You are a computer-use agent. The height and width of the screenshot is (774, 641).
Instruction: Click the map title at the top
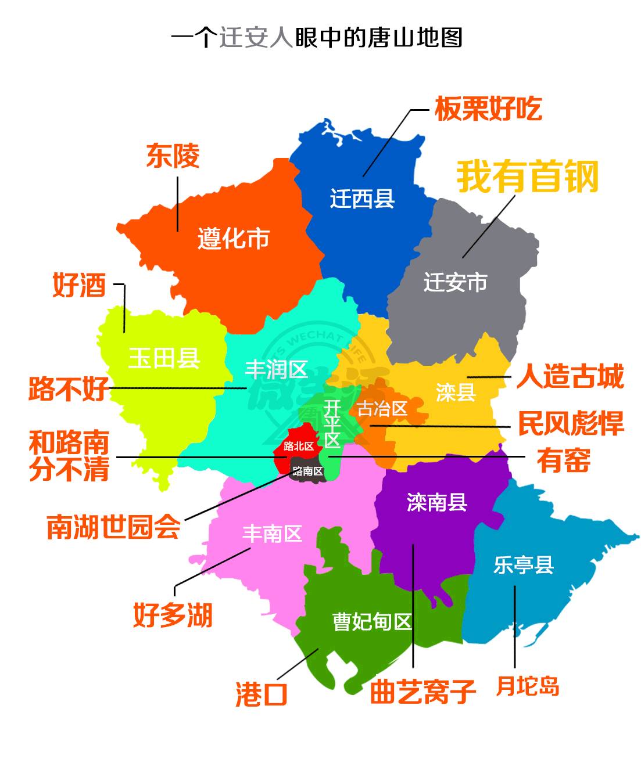(317, 38)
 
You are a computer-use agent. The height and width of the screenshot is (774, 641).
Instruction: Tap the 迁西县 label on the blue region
(362, 199)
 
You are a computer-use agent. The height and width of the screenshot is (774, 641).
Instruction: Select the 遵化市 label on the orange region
(234, 238)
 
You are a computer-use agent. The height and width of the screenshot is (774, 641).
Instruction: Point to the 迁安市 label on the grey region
(455, 283)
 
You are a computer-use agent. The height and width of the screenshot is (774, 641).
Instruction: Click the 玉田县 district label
(164, 358)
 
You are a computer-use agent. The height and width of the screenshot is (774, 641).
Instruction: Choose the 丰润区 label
(276, 369)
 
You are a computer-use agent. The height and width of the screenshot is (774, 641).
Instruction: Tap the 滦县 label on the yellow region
(456, 393)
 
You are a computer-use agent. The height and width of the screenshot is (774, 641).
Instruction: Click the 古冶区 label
(382, 409)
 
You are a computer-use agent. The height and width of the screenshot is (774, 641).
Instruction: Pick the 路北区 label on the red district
(298, 447)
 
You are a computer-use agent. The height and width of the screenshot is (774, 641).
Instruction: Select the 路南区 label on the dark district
(307, 471)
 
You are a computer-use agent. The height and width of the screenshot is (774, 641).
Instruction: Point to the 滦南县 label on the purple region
(437, 502)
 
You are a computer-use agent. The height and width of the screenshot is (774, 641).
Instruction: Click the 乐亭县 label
(524, 564)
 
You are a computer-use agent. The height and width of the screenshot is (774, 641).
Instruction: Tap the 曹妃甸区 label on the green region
(372, 622)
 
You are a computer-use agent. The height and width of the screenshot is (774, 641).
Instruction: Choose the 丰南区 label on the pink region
(272, 533)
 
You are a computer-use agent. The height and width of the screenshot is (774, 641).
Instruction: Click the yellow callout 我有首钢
(527, 177)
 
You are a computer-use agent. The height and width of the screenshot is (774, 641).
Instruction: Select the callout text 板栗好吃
(488, 109)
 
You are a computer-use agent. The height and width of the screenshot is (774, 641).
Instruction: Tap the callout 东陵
(173, 156)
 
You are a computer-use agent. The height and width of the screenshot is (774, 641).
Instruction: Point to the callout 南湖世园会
(113, 527)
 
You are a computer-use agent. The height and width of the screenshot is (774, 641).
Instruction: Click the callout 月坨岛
(527, 686)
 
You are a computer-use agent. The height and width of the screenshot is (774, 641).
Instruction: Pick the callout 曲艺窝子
(422, 692)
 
